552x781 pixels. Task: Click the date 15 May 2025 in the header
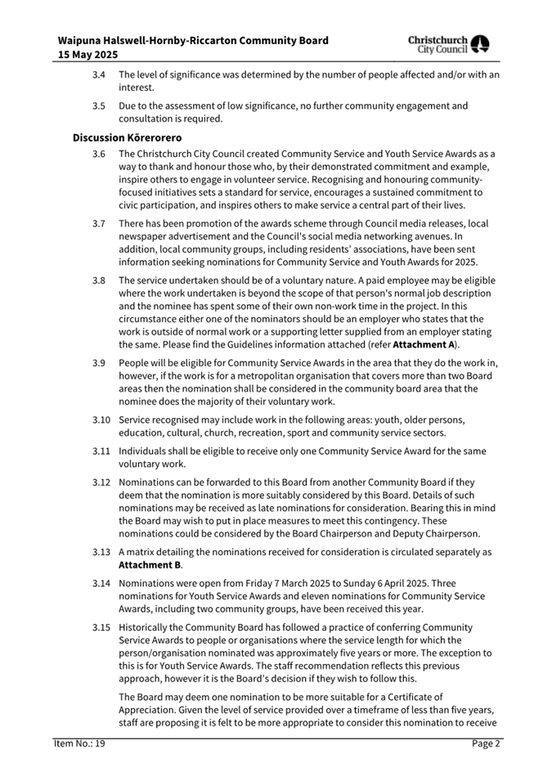pos(88,55)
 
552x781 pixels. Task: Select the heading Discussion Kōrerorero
pos(127,137)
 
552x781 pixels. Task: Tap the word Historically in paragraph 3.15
pos(146,627)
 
